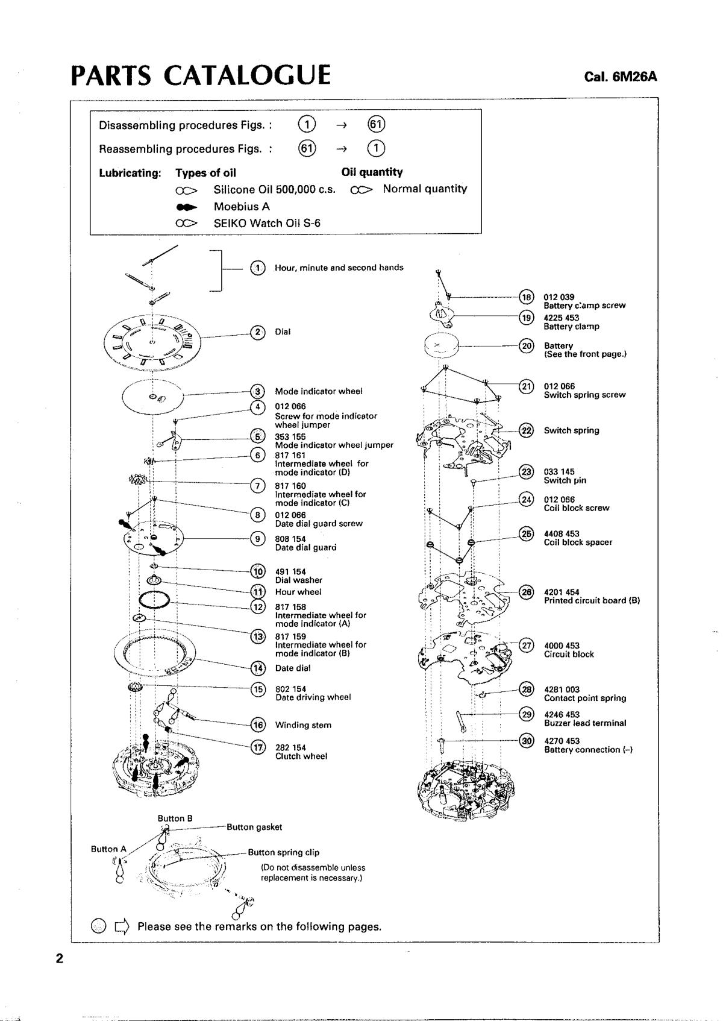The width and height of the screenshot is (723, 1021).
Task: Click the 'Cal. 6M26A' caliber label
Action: point(620,77)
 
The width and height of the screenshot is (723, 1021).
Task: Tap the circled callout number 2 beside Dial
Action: point(258,332)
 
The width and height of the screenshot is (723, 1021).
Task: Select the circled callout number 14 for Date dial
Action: point(258,668)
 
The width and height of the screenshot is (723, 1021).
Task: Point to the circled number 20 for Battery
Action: point(526,346)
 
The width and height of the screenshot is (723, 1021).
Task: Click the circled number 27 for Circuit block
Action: point(526,646)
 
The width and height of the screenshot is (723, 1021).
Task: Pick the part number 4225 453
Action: point(562,318)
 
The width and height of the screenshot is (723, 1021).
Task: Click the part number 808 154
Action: point(290,539)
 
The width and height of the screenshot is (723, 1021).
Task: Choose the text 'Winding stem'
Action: point(303,724)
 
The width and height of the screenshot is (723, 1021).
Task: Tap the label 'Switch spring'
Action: point(571,430)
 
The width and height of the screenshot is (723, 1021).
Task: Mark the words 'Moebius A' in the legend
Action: point(242,207)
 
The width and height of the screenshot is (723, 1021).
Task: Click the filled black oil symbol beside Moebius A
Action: point(187,207)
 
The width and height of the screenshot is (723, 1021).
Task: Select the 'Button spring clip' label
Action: point(283,852)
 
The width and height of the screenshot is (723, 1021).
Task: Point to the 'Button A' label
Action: point(108,849)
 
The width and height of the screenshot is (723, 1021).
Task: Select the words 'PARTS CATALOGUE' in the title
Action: point(201,75)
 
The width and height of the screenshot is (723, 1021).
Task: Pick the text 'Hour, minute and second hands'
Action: point(339,268)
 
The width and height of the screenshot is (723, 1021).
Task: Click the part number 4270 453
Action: point(562,741)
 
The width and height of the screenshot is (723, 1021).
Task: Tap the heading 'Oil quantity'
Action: point(372,172)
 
